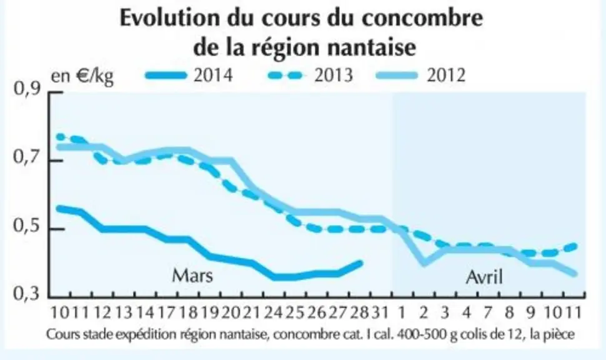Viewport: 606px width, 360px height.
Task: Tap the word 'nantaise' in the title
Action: click(371, 47)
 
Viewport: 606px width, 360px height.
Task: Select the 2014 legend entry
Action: click(189, 75)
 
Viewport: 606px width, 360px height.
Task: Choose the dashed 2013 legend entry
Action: click(310, 75)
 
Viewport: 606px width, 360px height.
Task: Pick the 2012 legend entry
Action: click(421, 75)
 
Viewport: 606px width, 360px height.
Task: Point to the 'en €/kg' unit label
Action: click(82, 76)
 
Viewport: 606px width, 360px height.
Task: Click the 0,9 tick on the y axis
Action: click(27, 89)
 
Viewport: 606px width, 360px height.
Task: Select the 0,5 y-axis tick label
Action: click(27, 226)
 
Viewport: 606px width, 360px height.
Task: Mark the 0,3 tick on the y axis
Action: click(27, 294)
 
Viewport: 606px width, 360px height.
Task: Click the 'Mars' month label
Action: click(192, 276)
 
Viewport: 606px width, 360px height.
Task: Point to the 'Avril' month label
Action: click(485, 277)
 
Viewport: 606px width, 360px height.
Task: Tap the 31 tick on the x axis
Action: click(380, 312)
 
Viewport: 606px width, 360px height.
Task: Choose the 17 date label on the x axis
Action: click(167, 312)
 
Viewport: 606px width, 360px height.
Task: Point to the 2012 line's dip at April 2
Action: click(425, 262)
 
